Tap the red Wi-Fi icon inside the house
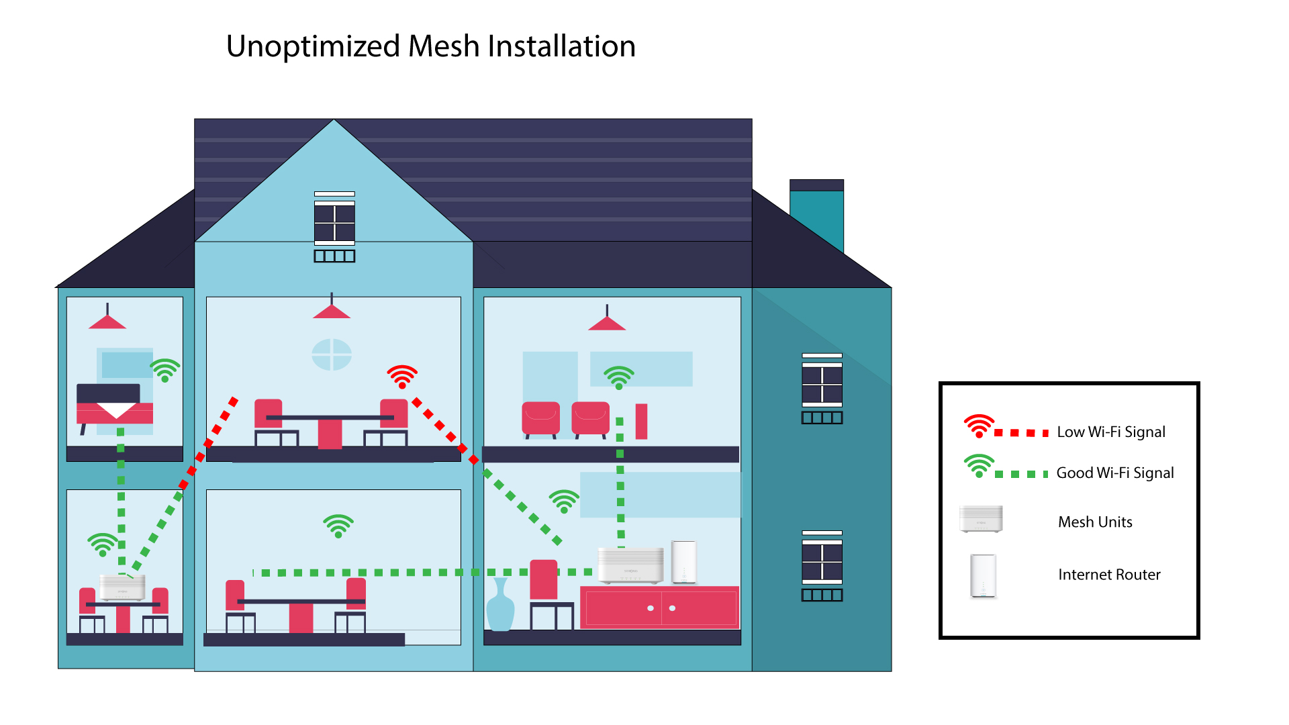click(x=402, y=377)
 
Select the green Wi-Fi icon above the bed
click(x=165, y=370)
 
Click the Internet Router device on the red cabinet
click(x=684, y=562)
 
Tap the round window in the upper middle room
click(x=332, y=354)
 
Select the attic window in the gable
click(x=334, y=226)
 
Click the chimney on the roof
click(x=816, y=215)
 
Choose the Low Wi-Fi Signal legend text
click(x=1111, y=432)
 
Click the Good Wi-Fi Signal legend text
click(x=1115, y=473)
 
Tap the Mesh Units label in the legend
click(x=1095, y=522)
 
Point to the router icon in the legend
click(x=983, y=576)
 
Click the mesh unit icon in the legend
click(x=981, y=519)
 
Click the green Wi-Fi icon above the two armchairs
click(x=619, y=378)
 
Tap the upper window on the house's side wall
click(x=822, y=388)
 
